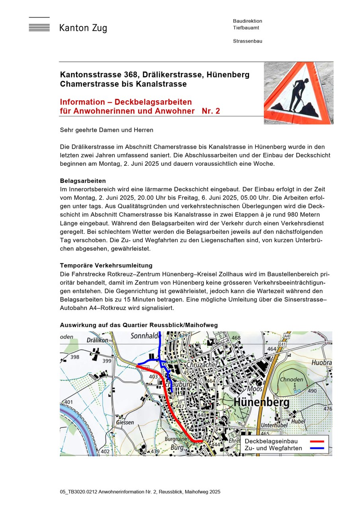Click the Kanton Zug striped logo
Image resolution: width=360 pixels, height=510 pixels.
coord(39,25)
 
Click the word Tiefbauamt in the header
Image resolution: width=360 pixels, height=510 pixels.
coord(246,28)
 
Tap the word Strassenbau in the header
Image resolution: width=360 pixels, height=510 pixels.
coord(247,41)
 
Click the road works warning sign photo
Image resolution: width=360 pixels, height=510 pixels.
coord(298,93)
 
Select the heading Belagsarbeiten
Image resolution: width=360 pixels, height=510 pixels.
coord(83,181)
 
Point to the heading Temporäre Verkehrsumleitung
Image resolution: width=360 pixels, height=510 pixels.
coord(106,265)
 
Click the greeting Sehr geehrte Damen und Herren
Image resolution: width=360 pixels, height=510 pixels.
coord(106,130)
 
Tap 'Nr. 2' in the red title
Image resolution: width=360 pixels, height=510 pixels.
coord(211,111)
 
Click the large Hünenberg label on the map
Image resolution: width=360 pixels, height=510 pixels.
coord(262,402)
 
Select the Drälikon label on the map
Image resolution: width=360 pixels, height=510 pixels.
coord(97,340)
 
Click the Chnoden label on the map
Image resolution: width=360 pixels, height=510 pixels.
coord(292,380)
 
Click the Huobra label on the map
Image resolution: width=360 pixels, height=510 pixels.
coord(322,363)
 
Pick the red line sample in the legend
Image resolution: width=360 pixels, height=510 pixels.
coord(317,441)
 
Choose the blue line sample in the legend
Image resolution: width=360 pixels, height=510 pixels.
coord(317,448)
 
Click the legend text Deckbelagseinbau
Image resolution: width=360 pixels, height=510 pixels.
coord(271,441)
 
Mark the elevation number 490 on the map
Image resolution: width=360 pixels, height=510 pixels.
coord(312,391)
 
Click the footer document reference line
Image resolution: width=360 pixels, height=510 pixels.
coord(140,492)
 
